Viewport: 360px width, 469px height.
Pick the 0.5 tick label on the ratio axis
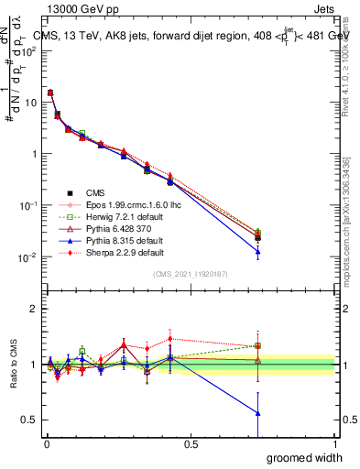click(x=29, y=420)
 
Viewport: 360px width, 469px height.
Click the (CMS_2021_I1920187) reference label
click(x=190, y=274)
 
